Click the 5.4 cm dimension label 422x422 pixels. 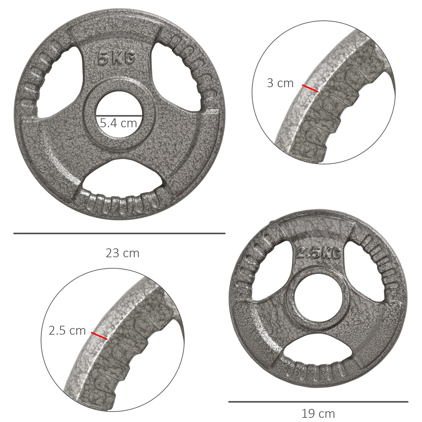tap(119, 123)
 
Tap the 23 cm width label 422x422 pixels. tap(122, 253)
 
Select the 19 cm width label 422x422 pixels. tap(318, 413)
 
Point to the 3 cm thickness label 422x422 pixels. tap(280, 83)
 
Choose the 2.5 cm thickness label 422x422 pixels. tap(67, 331)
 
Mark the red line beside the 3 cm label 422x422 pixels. tap(310, 88)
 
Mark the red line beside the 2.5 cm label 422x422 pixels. tap(99, 335)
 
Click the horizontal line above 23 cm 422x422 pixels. tap(119, 233)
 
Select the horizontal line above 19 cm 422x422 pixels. tap(318, 402)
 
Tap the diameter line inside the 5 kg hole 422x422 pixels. tap(119, 115)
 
